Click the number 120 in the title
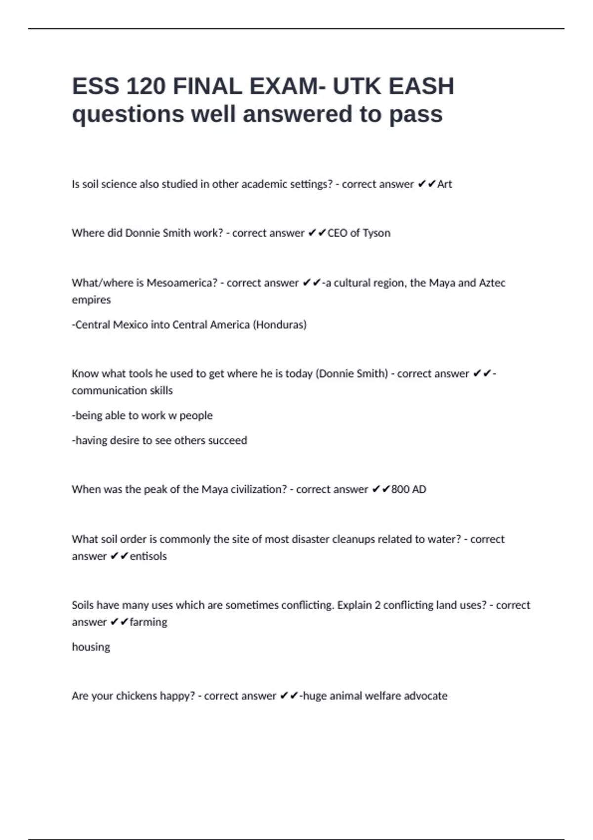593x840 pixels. pyautogui.click(x=146, y=86)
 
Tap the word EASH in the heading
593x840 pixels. pyautogui.click(x=421, y=86)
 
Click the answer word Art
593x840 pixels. pyautogui.click(x=445, y=184)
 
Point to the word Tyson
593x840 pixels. pyautogui.click(x=377, y=233)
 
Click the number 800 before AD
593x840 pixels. pyautogui.click(x=400, y=490)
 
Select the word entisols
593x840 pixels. pyautogui.click(x=148, y=556)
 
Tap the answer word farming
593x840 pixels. pyautogui.click(x=148, y=622)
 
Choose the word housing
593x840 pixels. pyautogui.click(x=91, y=647)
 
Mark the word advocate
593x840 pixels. pyautogui.click(x=425, y=696)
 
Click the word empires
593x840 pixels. pyautogui.click(x=91, y=300)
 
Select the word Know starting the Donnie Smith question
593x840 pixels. pyautogui.click(x=85, y=374)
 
